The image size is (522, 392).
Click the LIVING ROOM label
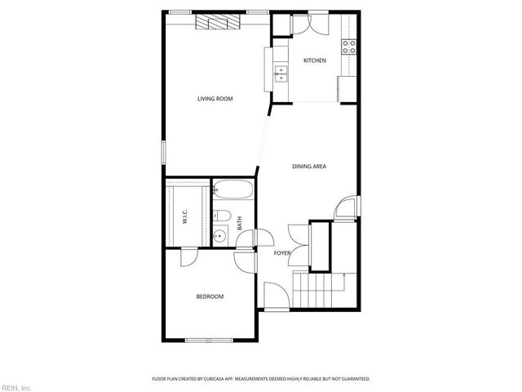pyautogui.click(x=215, y=99)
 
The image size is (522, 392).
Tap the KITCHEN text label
pyautogui.click(x=315, y=61)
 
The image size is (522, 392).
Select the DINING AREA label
pyautogui.click(x=309, y=167)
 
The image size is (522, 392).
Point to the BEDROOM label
pyautogui.click(x=210, y=296)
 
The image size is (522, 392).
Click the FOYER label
pyautogui.click(x=282, y=253)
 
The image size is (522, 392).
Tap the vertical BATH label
pyautogui.click(x=239, y=221)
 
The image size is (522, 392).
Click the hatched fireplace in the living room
pyautogui.click(x=219, y=22)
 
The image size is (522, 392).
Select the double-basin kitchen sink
pyautogui.click(x=281, y=75)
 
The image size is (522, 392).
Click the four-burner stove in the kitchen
pyautogui.click(x=348, y=47)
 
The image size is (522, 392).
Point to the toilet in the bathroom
pyautogui.click(x=222, y=216)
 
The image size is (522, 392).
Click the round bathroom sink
pyautogui.click(x=219, y=238)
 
